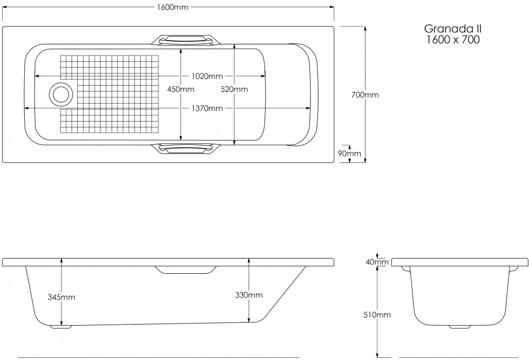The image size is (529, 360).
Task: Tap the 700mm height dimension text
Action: click(365, 95)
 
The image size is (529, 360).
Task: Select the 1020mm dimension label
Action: click(207, 76)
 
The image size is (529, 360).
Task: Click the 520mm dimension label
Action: click(234, 89)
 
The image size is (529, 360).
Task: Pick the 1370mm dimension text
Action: click(207, 108)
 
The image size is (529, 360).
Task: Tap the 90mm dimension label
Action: click(349, 154)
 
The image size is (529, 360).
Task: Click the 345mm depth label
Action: click(61, 297)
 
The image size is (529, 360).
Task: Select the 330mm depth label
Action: click(249, 295)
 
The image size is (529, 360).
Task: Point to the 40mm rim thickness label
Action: click(377, 262)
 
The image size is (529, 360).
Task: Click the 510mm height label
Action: click(377, 315)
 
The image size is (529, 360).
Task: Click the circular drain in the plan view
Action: click(60, 95)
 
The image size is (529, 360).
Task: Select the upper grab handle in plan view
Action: click(188, 40)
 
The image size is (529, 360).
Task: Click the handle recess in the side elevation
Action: click(187, 270)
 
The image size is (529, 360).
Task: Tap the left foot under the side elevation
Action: click(61, 327)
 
